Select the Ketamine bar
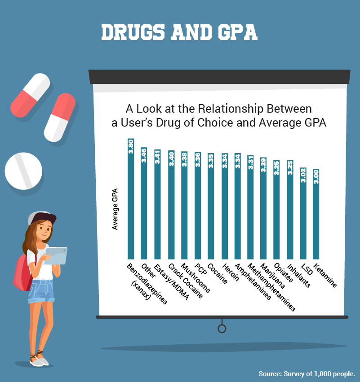316,215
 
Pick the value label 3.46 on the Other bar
144,155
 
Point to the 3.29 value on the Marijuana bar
263,166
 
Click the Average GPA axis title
115,208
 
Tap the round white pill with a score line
23,171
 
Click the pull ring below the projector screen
222,329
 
